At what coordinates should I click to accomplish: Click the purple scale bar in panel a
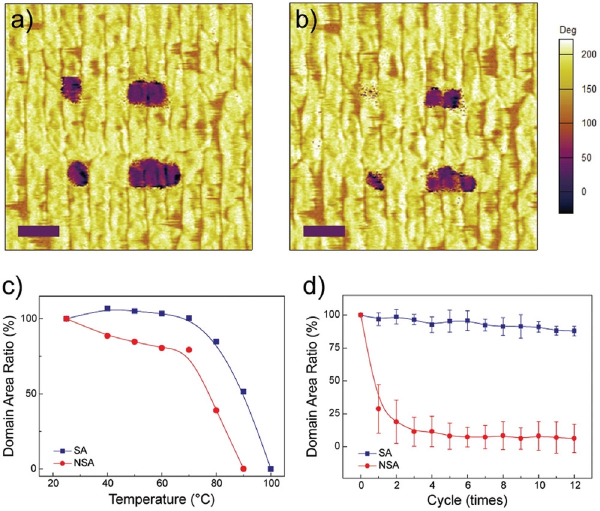(38, 231)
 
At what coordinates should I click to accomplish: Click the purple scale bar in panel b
(324, 231)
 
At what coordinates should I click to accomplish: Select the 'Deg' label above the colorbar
(567, 30)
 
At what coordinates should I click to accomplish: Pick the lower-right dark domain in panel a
(153, 173)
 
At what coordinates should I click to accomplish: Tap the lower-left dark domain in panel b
(374, 180)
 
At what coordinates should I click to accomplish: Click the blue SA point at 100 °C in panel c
(270, 469)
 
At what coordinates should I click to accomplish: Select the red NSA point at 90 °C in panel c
(243, 469)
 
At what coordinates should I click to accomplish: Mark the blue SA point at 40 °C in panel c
(107, 308)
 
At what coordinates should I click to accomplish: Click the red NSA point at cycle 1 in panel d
(378, 408)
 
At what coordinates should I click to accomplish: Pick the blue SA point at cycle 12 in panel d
(574, 331)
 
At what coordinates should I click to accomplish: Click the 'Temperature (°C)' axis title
(161, 498)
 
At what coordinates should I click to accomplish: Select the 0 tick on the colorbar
(584, 191)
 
